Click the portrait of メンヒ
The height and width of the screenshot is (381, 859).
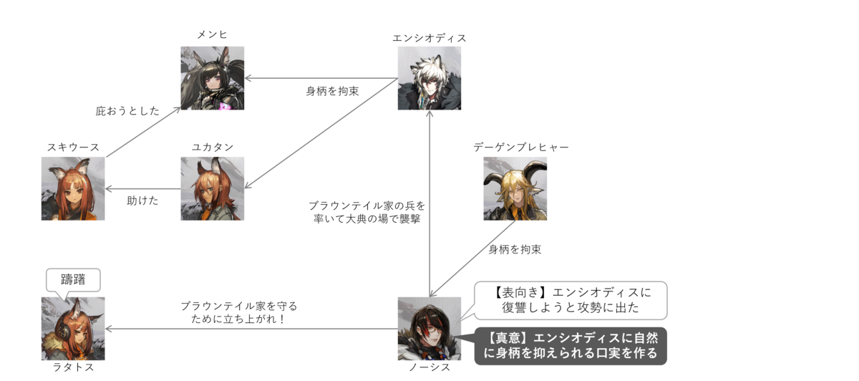tap(212, 78)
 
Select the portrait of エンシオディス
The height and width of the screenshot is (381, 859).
tap(429, 78)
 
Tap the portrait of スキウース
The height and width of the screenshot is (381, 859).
tap(73, 188)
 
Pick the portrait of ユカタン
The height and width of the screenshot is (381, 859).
tap(212, 188)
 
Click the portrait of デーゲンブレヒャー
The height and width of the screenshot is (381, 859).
tap(515, 188)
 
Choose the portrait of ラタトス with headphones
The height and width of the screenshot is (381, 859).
tap(73, 329)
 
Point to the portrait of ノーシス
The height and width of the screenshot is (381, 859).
tap(429, 329)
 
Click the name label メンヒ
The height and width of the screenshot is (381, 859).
tap(212, 34)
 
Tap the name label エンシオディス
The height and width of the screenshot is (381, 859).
tap(429, 38)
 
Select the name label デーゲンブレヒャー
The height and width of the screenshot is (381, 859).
tap(521, 147)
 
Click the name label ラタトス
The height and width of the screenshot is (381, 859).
tap(73, 367)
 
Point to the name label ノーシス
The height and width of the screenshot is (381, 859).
tap(429, 367)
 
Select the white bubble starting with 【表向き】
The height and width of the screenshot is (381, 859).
tap(571, 300)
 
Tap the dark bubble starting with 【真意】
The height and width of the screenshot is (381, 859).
tap(571, 346)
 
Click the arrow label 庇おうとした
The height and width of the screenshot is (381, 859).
tap(127, 111)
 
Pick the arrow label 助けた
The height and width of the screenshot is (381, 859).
tap(142, 201)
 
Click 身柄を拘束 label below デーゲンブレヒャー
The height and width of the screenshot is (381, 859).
tap(515, 249)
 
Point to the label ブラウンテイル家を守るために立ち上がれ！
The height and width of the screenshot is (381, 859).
tap(239, 312)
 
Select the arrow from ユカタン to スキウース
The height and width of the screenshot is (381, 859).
tap(143, 189)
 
